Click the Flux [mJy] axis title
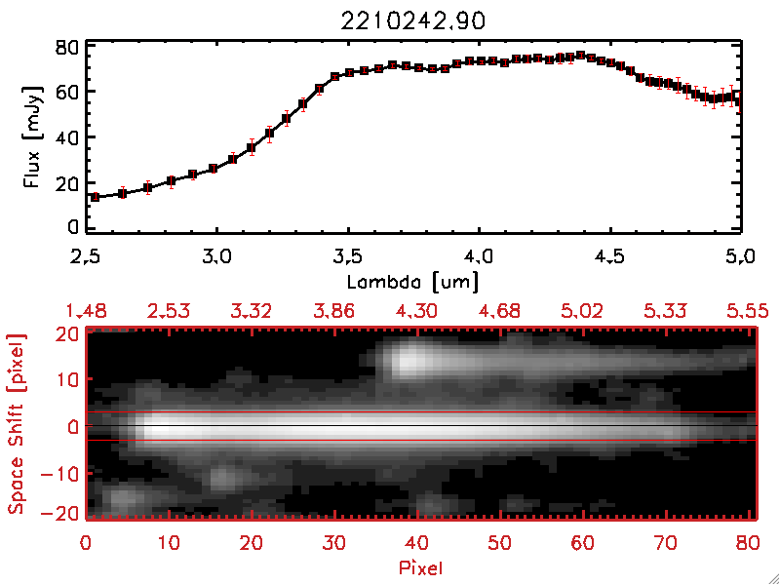[x=32, y=136]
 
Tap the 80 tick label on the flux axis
[x=66, y=47]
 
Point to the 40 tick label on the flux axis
[x=66, y=136]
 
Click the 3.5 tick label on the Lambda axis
[x=348, y=257]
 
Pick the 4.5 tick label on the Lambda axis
[x=610, y=257]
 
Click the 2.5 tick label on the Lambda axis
[x=86, y=257]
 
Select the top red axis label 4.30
[x=418, y=311]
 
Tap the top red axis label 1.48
[x=86, y=311]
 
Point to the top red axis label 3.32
[x=253, y=311]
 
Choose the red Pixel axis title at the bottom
[x=420, y=566]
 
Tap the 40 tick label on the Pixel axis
[x=418, y=542]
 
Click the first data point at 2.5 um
[x=95, y=197]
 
